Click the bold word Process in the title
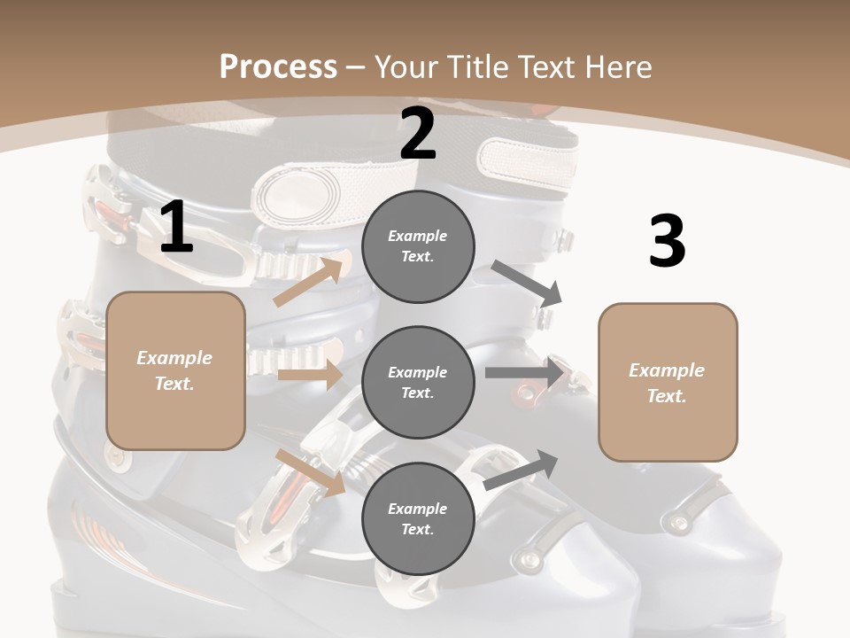tap(278, 67)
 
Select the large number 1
tap(176, 228)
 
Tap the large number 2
tap(418, 134)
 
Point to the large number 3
tap(667, 241)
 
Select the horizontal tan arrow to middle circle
tap(311, 374)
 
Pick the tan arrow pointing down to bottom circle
tap(311, 471)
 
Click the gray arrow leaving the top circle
tap(528, 284)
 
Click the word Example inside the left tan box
tap(174, 358)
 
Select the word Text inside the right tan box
tap(667, 396)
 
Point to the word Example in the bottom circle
tap(417, 509)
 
